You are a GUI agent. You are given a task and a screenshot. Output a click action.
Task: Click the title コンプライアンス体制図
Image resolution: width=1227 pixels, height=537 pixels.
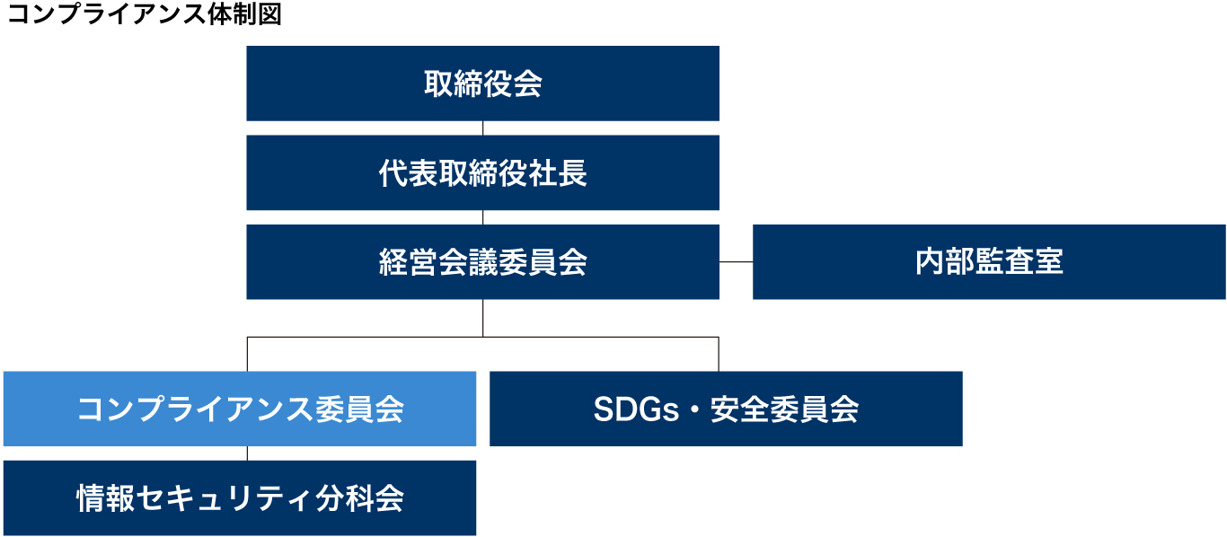[x=145, y=13]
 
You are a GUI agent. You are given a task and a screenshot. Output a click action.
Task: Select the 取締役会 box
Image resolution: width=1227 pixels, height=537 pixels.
[x=482, y=84]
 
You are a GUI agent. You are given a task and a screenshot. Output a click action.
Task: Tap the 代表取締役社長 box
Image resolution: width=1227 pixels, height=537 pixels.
[x=482, y=172]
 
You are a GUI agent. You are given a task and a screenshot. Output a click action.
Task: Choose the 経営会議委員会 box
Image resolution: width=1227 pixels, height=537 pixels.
[x=482, y=261]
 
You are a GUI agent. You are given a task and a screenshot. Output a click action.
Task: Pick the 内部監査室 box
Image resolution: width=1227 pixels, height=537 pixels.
[x=989, y=261]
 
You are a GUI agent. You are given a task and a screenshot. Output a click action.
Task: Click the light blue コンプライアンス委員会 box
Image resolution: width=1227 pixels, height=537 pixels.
[x=240, y=409]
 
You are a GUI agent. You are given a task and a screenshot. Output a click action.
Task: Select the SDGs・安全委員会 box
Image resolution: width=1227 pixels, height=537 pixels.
[x=726, y=409]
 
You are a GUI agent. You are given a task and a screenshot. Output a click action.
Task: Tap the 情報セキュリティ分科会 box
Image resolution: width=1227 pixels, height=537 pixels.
[x=240, y=498]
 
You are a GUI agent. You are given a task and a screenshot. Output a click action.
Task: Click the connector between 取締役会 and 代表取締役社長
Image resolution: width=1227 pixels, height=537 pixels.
[x=482, y=128]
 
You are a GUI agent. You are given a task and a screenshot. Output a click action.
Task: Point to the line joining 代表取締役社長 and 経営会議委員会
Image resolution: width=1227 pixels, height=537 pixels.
[x=482, y=217]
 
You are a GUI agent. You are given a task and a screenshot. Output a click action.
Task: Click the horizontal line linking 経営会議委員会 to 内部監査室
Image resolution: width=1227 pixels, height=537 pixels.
[x=737, y=261]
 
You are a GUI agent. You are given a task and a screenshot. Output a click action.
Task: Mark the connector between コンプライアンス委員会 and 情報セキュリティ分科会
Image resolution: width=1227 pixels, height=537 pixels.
[x=247, y=453]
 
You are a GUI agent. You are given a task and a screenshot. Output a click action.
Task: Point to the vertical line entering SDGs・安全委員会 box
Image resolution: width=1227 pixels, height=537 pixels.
[x=719, y=354]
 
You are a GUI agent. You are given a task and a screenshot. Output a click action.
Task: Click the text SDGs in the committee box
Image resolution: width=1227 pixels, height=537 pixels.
[x=636, y=409]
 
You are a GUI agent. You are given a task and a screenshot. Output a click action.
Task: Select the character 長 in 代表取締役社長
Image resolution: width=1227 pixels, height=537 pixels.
[x=572, y=173]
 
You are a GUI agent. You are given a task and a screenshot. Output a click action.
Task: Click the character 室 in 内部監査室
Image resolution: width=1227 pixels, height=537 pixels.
[x=1048, y=261]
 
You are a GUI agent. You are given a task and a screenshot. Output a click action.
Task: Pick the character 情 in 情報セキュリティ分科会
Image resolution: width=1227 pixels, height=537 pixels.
[x=91, y=498]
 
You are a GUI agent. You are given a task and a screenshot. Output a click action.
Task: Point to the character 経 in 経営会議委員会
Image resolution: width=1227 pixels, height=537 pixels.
[x=393, y=262]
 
